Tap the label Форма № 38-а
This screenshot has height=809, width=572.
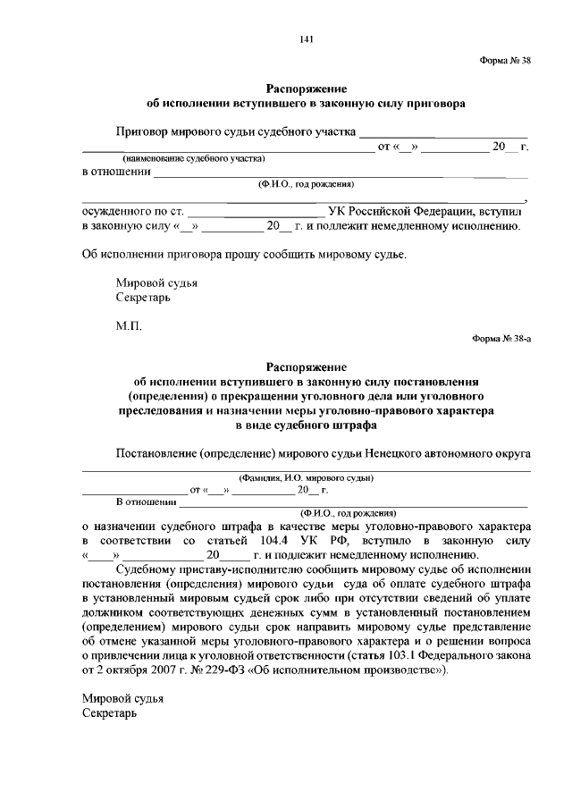tap(501, 339)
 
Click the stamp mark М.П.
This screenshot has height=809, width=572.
tap(129, 326)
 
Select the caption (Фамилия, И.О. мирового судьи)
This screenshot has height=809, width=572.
tap(306, 477)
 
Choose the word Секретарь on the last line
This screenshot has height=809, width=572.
tap(111, 713)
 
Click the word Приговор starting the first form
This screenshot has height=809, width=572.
tap(143, 131)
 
